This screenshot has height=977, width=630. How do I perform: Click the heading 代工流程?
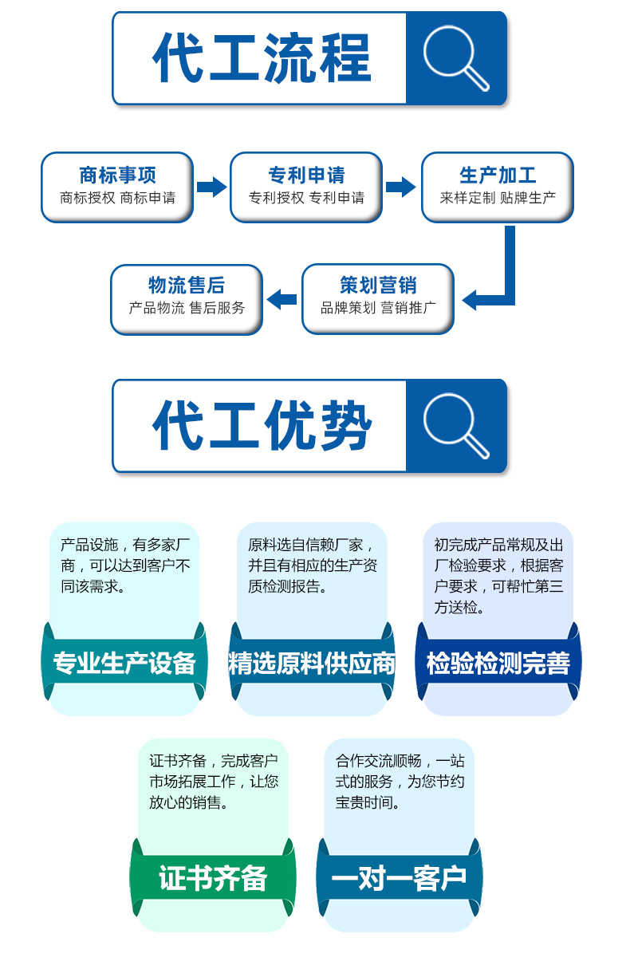[x=262, y=58]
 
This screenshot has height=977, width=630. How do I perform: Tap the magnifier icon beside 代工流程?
[x=455, y=58]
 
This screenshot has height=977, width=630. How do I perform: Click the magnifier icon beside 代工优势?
[x=455, y=426]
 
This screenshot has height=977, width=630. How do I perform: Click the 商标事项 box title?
[x=117, y=175]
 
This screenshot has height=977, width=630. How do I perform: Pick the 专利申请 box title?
[x=306, y=175]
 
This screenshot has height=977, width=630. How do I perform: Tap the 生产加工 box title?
[x=498, y=175]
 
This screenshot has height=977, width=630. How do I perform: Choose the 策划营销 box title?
[x=378, y=285]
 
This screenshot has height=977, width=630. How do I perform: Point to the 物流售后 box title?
[x=187, y=285]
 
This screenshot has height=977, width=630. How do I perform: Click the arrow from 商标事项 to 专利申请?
[x=211, y=187]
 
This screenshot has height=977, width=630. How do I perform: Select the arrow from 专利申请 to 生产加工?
[x=401, y=187]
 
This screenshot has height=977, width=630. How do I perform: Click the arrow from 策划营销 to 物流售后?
[x=282, y=300]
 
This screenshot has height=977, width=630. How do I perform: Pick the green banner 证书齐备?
[x=213, y=878]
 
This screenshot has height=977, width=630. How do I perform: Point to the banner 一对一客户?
[x=399, y=878]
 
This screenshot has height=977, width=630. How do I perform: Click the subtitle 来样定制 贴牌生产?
[x=498, y=198]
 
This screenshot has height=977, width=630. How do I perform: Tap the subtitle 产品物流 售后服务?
[x=187, y=308]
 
